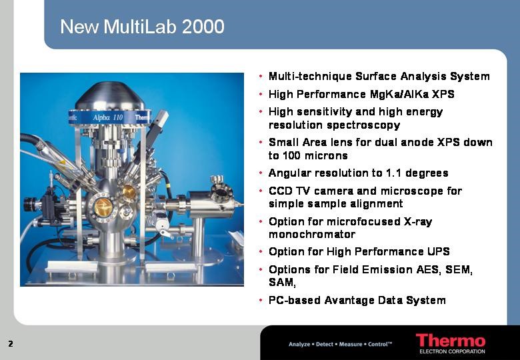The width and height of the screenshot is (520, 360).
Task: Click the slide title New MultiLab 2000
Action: point(142,27)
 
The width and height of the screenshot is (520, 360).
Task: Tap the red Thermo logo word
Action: point(451,341)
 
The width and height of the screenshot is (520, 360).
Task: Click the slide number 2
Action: point(11,343)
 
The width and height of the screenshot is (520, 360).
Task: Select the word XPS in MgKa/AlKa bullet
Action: point(443,94)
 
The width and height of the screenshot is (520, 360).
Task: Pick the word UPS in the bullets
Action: point(439,251)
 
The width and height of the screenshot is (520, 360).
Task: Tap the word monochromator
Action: point(312,235)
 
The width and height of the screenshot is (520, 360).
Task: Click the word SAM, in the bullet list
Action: point(282,283)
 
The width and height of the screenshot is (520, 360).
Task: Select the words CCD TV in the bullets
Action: point(289,191)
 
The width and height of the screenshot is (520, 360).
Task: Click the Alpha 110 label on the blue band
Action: point(108,117)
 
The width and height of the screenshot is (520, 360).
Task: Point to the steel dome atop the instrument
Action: point(110,96)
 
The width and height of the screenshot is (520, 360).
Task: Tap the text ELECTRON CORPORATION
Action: point(453,351)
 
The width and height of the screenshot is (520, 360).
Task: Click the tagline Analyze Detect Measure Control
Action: point(340,344)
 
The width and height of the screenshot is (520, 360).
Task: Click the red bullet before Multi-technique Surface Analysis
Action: point(261,77)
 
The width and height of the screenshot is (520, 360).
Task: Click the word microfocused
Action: point(363,221)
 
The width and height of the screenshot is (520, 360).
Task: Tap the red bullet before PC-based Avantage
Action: point(261,300)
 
